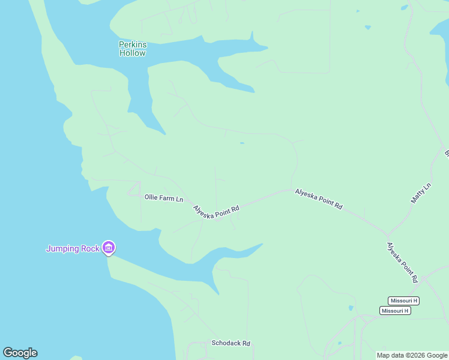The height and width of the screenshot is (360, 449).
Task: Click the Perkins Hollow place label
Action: point(132,49)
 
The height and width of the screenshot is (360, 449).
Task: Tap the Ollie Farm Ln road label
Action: point(163,197)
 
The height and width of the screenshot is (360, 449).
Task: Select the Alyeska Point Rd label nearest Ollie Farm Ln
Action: point(216,211)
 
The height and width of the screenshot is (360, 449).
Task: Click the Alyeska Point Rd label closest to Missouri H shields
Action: point(402,262)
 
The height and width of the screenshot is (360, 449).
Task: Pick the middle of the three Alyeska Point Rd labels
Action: point(318,199)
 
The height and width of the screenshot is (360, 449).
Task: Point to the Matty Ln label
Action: point(421,193)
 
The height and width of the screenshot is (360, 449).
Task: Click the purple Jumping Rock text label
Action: point(73,248)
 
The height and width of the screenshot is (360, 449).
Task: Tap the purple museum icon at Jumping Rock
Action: point(109,247)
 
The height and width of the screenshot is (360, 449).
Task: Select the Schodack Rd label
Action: point(231,343)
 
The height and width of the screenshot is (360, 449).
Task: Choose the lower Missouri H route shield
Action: point(395,310)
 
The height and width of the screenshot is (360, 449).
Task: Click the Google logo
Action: point(20,353)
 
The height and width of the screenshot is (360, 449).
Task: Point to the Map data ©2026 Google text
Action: point(412,355)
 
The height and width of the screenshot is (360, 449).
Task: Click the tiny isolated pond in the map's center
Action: point(242,143)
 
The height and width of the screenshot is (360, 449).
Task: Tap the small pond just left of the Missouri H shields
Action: point(351,308)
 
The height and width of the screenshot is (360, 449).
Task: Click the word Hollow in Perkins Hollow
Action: point(132,53)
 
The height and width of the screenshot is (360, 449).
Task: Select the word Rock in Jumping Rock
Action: point(89,248)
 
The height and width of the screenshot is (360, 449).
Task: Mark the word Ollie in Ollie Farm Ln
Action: point(151,196)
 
